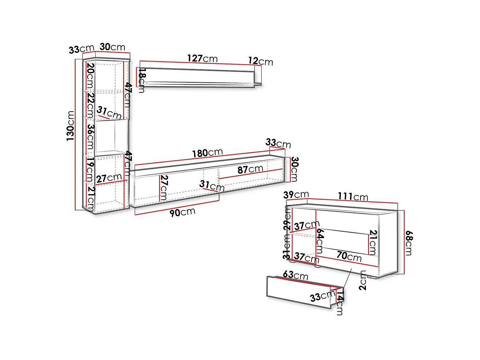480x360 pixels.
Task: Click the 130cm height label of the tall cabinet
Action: (70, 126)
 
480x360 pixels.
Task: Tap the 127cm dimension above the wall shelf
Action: (202, 59)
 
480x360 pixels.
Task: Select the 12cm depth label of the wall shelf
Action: (261, 61)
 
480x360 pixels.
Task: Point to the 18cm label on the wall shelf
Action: (142, 80)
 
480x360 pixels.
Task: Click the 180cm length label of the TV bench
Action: (207, 153)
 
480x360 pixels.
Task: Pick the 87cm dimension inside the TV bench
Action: (250, 169)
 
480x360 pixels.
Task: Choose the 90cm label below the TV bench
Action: (182, 212)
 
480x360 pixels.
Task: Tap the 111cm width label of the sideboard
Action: (353, 196)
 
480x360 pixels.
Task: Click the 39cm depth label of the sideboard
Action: (296, 195)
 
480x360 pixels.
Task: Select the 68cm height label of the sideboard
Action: (408, 243)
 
